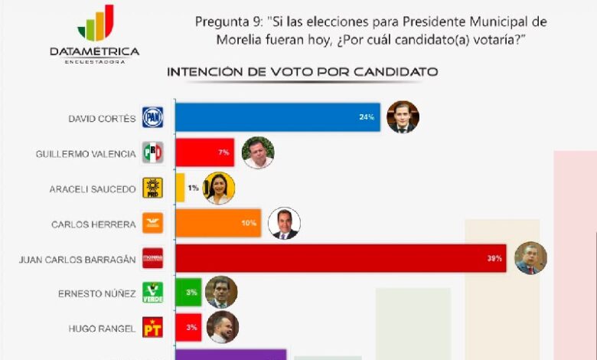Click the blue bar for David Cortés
[278, 117]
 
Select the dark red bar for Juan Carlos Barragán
[341, 258]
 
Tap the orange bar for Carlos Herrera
[218, 223]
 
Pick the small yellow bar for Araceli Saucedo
[180, 188]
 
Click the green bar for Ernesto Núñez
[188, 293]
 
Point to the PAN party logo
[152, 117]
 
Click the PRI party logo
[152, 152]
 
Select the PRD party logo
[152, 188]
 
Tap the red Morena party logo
[152, 258]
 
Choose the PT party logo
[152, 327]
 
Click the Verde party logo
[152, 293]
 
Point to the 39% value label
[494, 258]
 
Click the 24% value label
[367, 117]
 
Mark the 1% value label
[194, 188]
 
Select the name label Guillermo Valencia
[86, 154]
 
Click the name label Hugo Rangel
[102, 329]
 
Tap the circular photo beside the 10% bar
[284, 223]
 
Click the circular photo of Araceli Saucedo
[219, 188]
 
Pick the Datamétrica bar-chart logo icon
[96, 22]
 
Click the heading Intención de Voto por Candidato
[302, 72]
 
